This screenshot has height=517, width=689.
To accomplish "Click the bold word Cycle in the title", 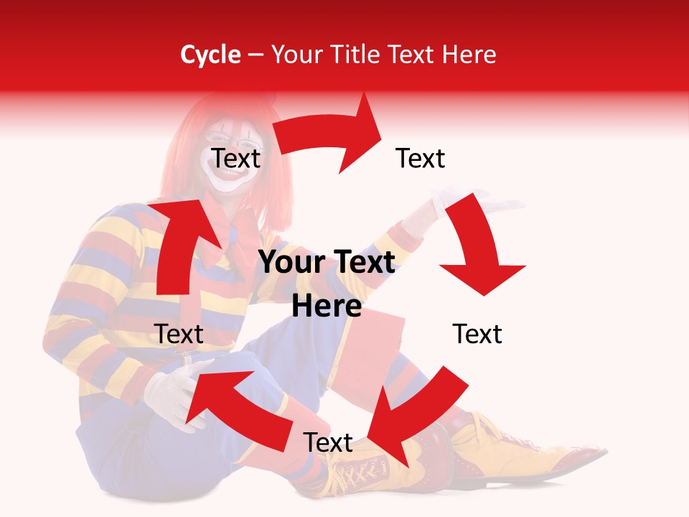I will [210, 55].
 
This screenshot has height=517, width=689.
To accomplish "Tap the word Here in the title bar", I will [468, 55].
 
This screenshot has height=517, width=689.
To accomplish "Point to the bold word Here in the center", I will [327, 306].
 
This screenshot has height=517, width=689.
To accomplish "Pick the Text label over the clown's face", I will [235, 158].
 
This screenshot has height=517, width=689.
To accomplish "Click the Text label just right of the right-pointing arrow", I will [421, 158].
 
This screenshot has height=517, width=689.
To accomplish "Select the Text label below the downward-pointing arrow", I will [477, 334].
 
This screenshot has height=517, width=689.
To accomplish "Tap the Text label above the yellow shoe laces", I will [328, 442].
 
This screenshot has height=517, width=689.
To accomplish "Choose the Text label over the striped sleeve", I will [179, 334].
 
